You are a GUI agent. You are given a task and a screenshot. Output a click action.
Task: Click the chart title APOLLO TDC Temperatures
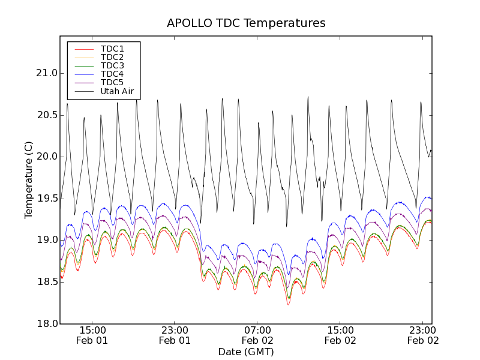click(246, 23)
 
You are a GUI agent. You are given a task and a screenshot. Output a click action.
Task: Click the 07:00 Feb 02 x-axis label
click(257, 335)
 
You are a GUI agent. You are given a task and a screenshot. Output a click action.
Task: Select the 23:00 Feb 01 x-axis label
click(175, 335)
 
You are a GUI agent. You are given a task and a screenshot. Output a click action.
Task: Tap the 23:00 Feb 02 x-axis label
click(423, 335)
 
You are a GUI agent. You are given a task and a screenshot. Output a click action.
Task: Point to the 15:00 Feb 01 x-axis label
click(92, 335)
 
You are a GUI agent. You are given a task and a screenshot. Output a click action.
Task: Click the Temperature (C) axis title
click(29, 180)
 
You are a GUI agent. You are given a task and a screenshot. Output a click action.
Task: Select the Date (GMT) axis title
click(246, 352)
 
